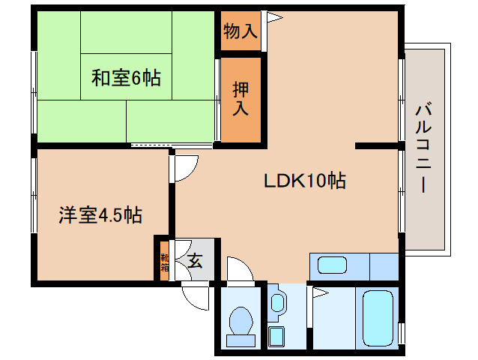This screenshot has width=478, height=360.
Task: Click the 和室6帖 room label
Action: [x=125, y=78]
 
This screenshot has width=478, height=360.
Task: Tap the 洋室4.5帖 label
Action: [x=101, y=216]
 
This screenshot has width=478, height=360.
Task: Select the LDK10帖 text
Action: [x=303, y=181]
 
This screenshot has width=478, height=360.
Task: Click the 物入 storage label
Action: [x=240, y=31]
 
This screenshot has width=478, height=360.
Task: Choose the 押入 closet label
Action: [x=240, y=98]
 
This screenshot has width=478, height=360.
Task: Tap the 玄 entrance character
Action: [x=195, y=261]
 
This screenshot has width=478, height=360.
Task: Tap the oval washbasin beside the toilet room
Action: [x=277, y=304]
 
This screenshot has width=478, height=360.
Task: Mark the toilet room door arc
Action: [x=240, y=269]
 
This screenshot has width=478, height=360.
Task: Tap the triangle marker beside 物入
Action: [x=273, y=16]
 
